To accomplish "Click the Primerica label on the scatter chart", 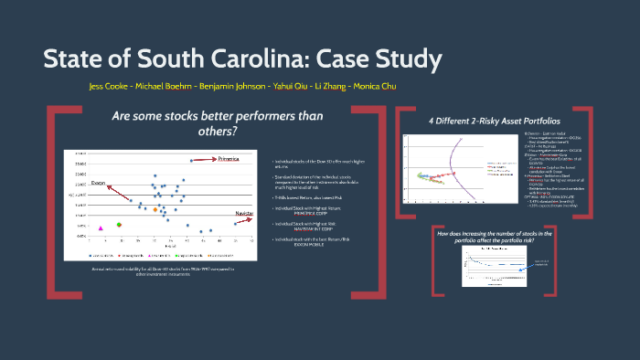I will (x=229, y=158).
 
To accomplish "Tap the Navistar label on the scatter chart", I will (x=244, y=212).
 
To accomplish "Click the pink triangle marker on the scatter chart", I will (x=101, y=228).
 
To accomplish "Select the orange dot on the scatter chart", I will (x=155, y=210).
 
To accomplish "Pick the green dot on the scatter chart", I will (x=119, y=224).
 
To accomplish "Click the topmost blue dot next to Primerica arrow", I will (x=191, y=161).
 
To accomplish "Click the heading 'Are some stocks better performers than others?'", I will (x=174, y=123).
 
